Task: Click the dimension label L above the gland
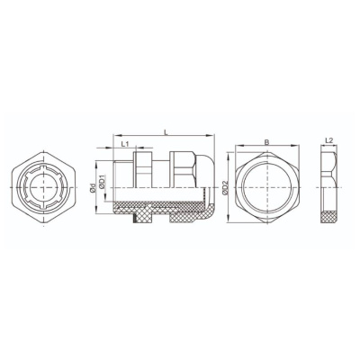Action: [x=166, y=132]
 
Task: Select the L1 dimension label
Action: [x=125, y=144]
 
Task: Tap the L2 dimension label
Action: [x=329, y=140]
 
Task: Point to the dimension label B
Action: [x=267, y=142]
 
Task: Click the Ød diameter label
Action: [x=93, y=187]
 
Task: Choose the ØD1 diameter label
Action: [x=102, y=182]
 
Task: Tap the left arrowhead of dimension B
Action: [x=238, y=146]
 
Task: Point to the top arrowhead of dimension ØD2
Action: [x=229, y=155]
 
